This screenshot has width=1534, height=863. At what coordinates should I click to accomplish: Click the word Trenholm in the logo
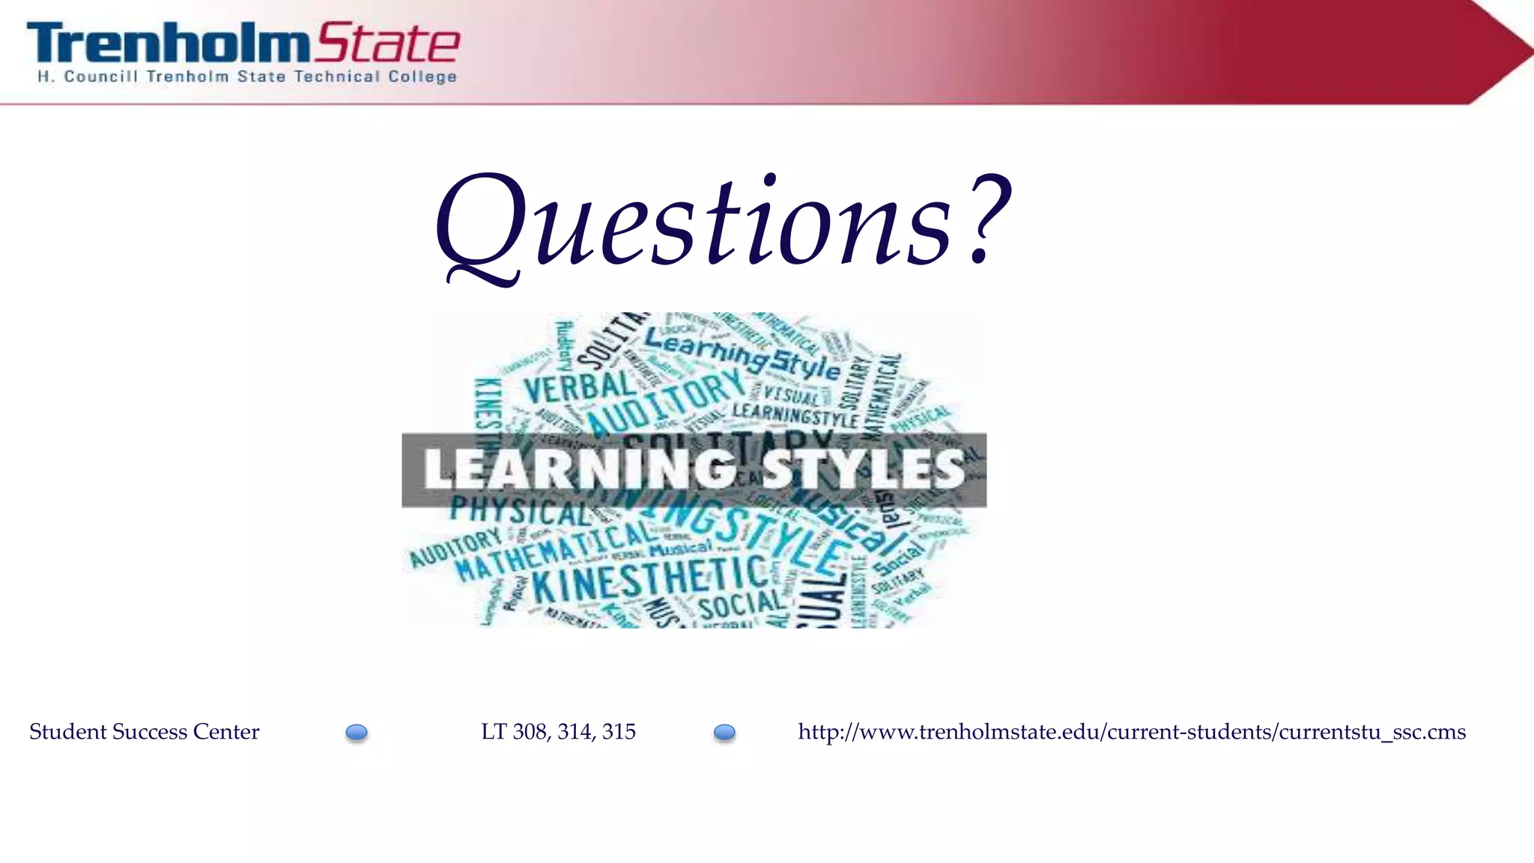(166, 43)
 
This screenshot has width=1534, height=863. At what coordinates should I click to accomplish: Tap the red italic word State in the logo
(386, 43)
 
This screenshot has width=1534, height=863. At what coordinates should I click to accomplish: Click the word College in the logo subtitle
(422, 76)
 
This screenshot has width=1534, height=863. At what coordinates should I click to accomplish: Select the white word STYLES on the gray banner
(863, 470)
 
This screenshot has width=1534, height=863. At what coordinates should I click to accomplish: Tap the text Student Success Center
(144, 732)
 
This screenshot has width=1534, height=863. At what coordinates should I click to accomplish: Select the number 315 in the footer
(619, 732)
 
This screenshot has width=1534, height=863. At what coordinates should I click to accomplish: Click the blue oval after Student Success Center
(357, 733)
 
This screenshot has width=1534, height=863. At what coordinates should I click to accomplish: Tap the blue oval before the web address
(724, 733)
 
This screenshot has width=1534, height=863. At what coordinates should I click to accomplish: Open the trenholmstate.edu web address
(1131, 732)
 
